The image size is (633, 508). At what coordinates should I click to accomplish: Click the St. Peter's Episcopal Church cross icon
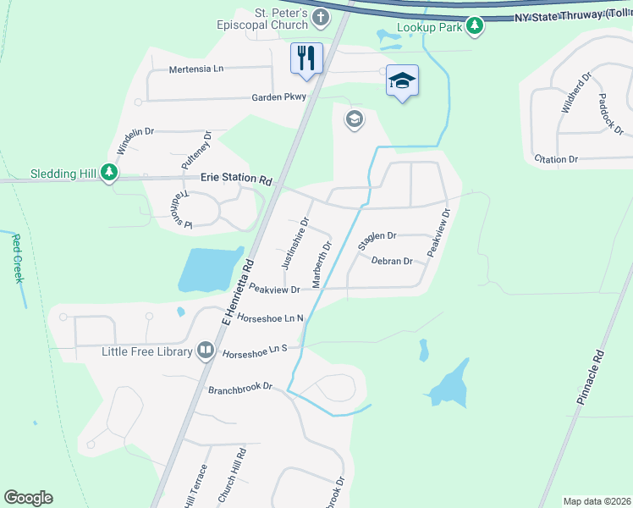[x=321, y=17]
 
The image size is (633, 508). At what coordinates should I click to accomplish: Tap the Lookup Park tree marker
[x=476, y=26]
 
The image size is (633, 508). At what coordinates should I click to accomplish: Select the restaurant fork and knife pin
[x=305, y=58]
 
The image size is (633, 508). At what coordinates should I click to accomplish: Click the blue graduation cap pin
[x=403, y=80]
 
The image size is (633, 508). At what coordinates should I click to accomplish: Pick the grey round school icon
[x=354, y=120]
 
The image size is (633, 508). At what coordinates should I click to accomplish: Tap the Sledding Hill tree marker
[x=108, y=174]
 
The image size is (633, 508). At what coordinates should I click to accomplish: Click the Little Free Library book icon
[x=206, y=351]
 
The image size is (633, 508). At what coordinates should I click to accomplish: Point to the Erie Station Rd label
[x=236, y=179]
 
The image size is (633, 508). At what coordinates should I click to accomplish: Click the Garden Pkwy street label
[x=278, y=97]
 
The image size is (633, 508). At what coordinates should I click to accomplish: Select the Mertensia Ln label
[x=195, y=69]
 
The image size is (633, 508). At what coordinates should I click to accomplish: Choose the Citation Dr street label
[x=556, y=159]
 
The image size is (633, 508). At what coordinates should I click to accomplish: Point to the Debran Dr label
[x=392, y=262]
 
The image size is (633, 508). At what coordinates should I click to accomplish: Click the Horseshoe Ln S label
[x=256, y=350]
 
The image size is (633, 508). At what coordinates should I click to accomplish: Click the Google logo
[x=29, y=498]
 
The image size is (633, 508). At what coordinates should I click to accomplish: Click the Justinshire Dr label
[x=295, y=241]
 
